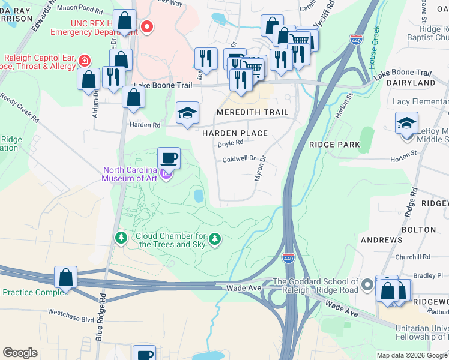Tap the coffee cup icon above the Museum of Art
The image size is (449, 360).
[169, 159]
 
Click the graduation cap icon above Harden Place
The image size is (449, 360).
[187, 113]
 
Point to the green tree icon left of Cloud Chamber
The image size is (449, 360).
[121, 239]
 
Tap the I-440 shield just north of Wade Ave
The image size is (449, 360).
[288, 258]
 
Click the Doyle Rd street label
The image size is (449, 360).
[230, 143]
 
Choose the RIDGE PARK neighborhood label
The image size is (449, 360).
[334, 145]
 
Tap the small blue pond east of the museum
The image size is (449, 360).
[198, 196]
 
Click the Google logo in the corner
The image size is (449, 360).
[20, 352]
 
